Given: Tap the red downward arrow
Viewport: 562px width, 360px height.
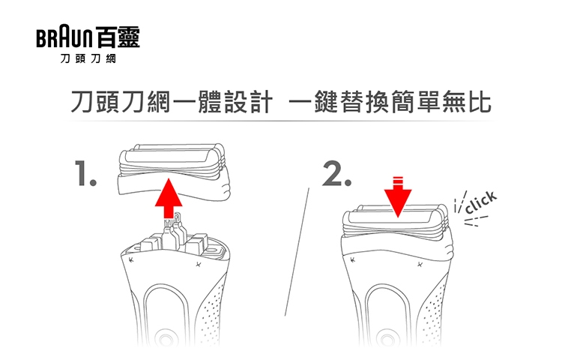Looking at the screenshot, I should click(x=398, y=197).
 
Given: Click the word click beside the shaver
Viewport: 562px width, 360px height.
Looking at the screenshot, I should click(x=480, y=203).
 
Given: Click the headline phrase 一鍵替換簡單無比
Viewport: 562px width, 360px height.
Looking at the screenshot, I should click(x=389, y=103).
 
